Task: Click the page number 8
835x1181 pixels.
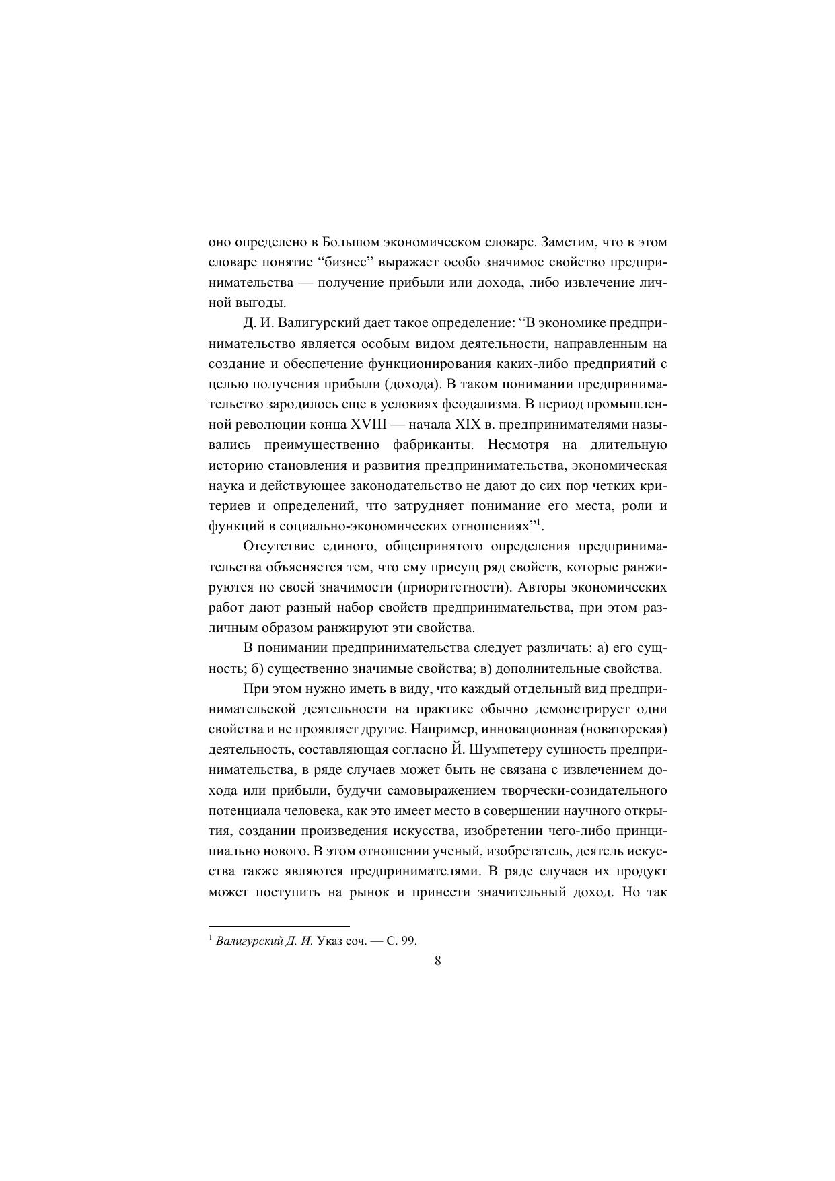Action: coord(437,960)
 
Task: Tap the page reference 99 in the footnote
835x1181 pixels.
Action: coord(408,941)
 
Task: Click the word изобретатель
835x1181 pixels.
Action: coord(523,851)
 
